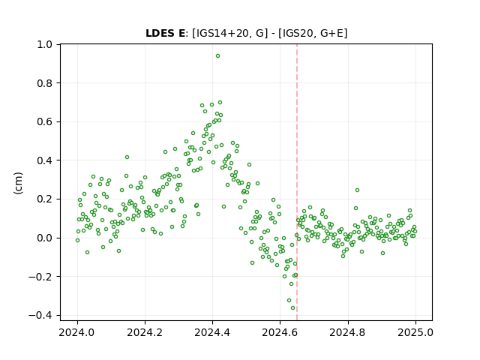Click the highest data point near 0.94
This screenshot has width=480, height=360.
click(x=217, y=56)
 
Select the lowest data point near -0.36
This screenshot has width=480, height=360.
click(x=292, y=308)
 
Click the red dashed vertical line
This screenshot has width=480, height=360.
click(x=297, y=182)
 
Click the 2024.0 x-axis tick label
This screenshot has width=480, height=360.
click(x=77, y=332)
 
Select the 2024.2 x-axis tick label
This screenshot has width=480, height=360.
click(x=145, y=332)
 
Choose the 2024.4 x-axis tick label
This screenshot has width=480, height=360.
click(x=212, y=332)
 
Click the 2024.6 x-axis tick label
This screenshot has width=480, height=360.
click(x=280, y=332)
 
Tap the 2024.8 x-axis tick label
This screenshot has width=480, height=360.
click(x=348, y=332)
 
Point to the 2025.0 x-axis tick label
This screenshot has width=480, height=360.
click(x=415, y=332)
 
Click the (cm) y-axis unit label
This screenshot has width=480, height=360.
click(x=18, y=183)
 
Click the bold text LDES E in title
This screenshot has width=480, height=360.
click(x=165, y=33)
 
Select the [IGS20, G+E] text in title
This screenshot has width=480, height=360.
click(x=313, y=33)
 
